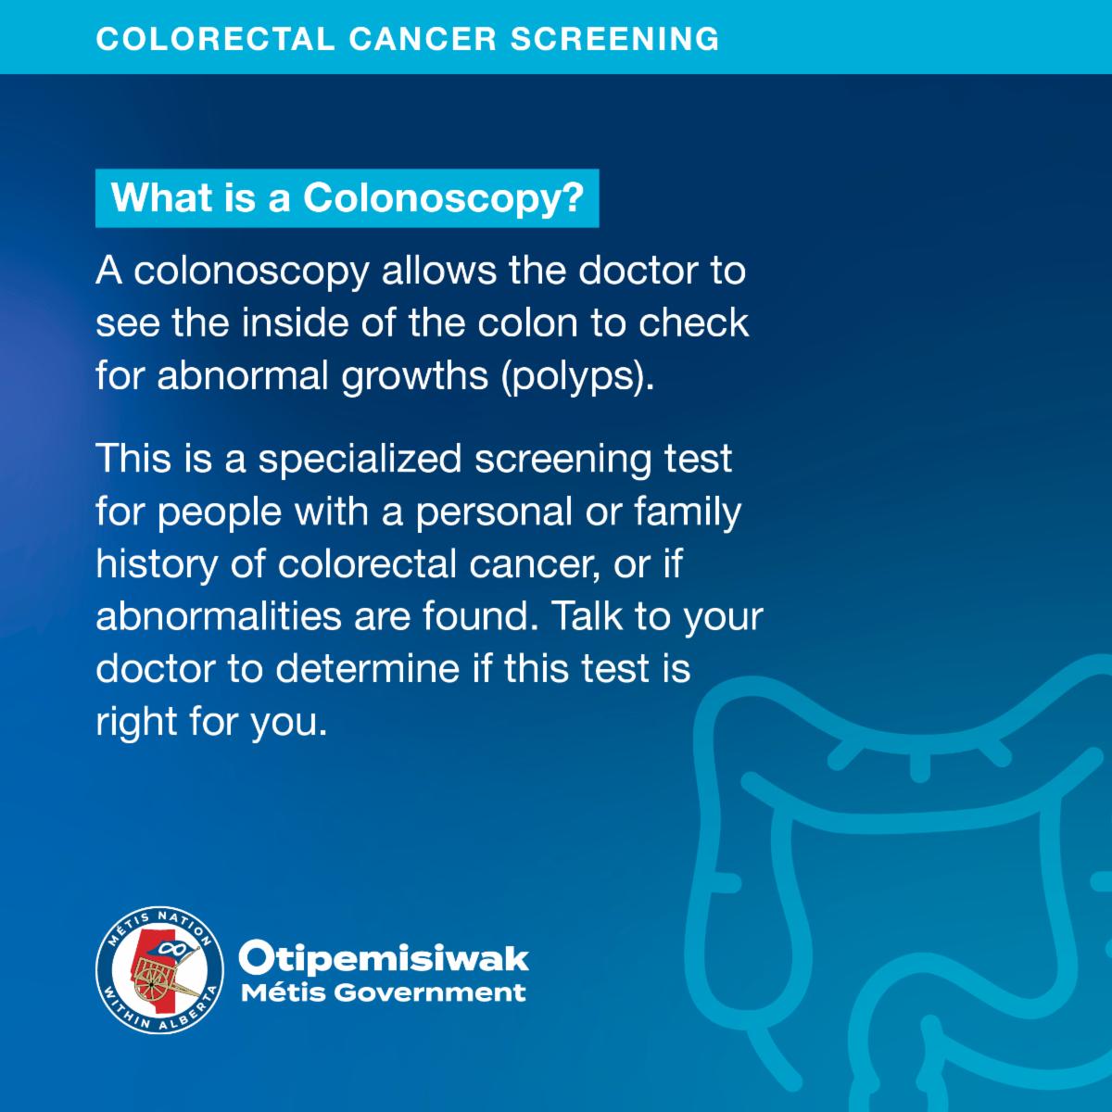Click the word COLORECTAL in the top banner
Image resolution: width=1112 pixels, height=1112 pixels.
coord(215,39)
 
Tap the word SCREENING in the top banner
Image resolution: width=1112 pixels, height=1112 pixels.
coord(614,39)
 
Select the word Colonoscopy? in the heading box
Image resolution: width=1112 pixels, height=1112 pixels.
coord(444,199)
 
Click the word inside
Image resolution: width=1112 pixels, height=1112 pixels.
coord(295,322)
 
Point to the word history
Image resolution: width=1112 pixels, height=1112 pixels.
coord(157,565)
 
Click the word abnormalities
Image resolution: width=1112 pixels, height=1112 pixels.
coord(219,616)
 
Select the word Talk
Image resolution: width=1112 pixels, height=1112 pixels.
coord(588,616)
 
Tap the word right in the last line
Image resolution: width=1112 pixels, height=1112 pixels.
coord(136,723)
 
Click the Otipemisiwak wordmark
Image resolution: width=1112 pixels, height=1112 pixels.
coord(384,958)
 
